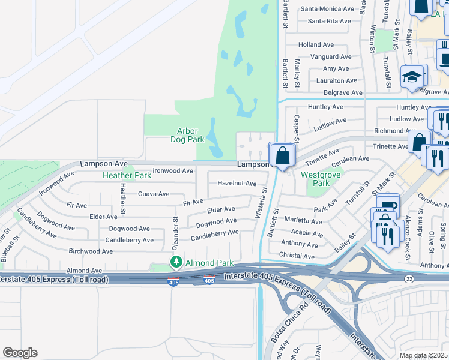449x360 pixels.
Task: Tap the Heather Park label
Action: tap(127, 176)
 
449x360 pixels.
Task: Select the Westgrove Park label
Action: tap(316, 179)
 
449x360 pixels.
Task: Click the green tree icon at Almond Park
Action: tap(176, 262)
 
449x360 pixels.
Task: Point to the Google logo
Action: tap(20, 353)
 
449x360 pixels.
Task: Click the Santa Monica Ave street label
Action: tap(327, 9)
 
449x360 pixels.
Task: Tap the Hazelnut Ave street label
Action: tap(237, 183)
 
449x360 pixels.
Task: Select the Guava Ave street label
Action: tap(154, 194)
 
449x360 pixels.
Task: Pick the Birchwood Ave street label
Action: tap(91, 251)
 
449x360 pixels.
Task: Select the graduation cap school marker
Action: tap(412, 77)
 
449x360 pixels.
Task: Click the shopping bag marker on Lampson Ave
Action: tap(282, 155)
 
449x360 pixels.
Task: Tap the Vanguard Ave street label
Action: tap(331, 57)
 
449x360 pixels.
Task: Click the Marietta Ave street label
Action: tap(303, 221)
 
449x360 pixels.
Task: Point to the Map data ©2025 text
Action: tap(423, 355)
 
